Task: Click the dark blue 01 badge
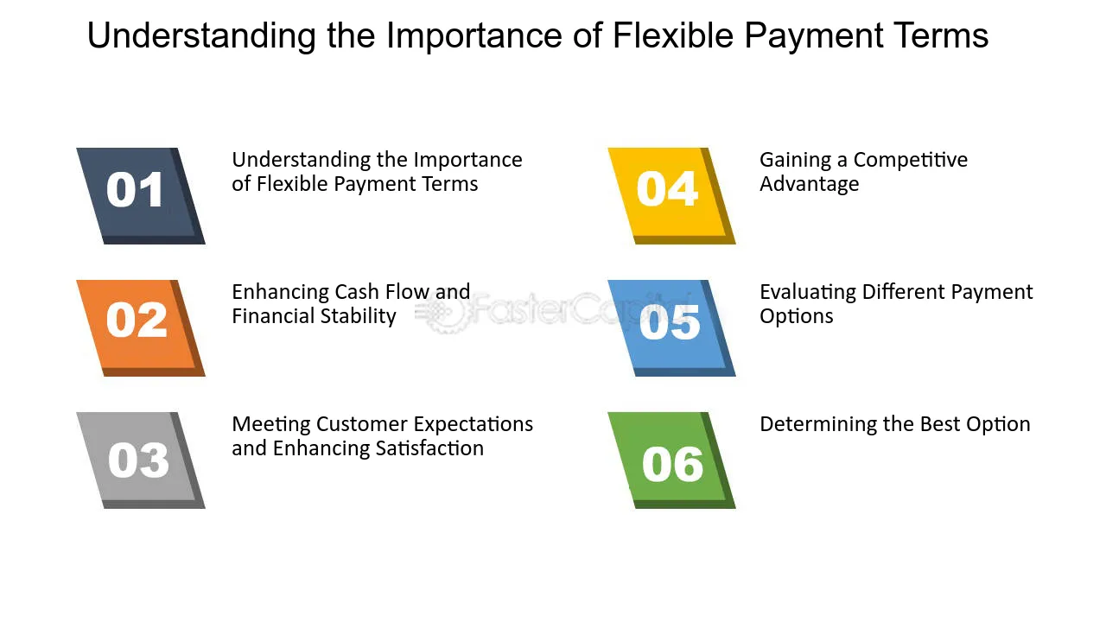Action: point(141,195)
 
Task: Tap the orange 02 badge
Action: point(141,327)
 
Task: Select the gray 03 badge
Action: point(141,460)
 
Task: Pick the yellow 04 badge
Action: point(671,195)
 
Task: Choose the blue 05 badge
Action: point(671,327)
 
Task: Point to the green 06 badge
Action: point(671,460)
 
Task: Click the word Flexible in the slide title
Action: point(672,35)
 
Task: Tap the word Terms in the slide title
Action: point(942,35)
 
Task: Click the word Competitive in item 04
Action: point(911,160)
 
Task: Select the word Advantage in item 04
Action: point(810,184)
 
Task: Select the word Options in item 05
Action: point(797,317)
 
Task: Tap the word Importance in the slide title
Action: point(474,37)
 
